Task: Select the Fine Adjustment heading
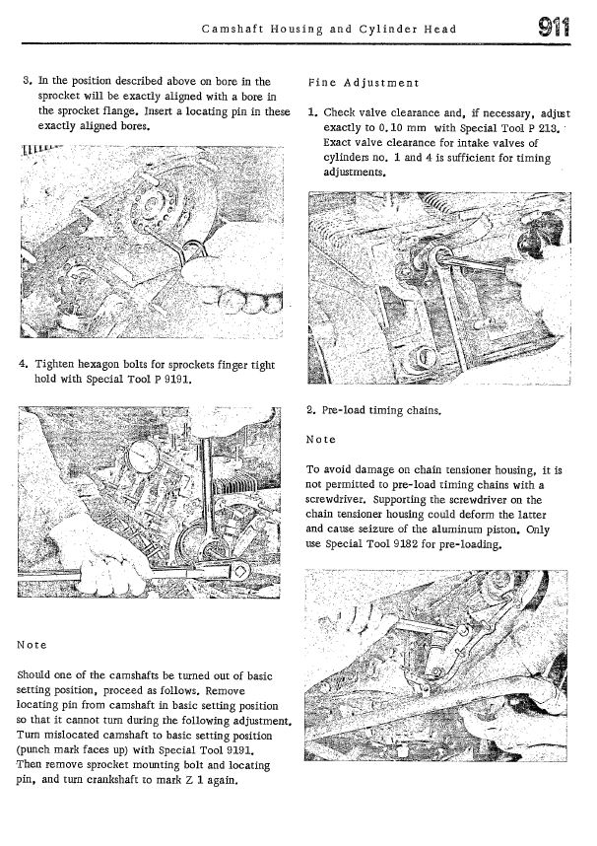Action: [x=364, y=83]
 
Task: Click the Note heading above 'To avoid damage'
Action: [x=321, y=439]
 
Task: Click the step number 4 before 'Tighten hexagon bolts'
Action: [x=24, y=365]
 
